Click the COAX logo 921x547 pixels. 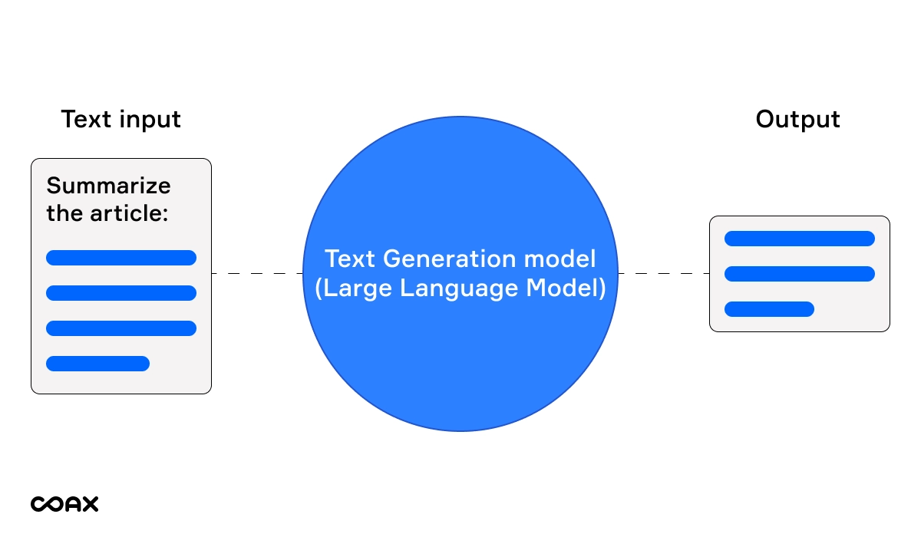point(64,504)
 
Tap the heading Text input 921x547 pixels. point(120,120)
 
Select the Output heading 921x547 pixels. point(797,120)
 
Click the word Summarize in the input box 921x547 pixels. point(109,186)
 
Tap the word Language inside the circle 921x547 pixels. point(470,289)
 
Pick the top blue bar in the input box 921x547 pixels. point(121,258)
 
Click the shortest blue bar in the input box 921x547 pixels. point(97,364)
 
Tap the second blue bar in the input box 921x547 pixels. point(121,293)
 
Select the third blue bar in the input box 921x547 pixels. point(121,328)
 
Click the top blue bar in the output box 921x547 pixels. point(799,239)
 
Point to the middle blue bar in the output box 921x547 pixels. point(799,274)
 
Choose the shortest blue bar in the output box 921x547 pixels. point(768,309)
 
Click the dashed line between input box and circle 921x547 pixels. point(257,273)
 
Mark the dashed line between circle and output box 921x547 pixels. point(663,273)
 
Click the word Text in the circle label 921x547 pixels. point(350,259)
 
